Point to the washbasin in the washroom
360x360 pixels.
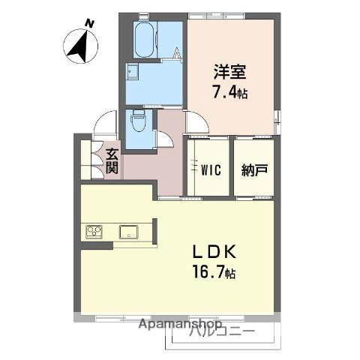133,73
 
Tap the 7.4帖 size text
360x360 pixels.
229,93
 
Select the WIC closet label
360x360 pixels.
210,169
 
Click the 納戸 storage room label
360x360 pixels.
254,169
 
